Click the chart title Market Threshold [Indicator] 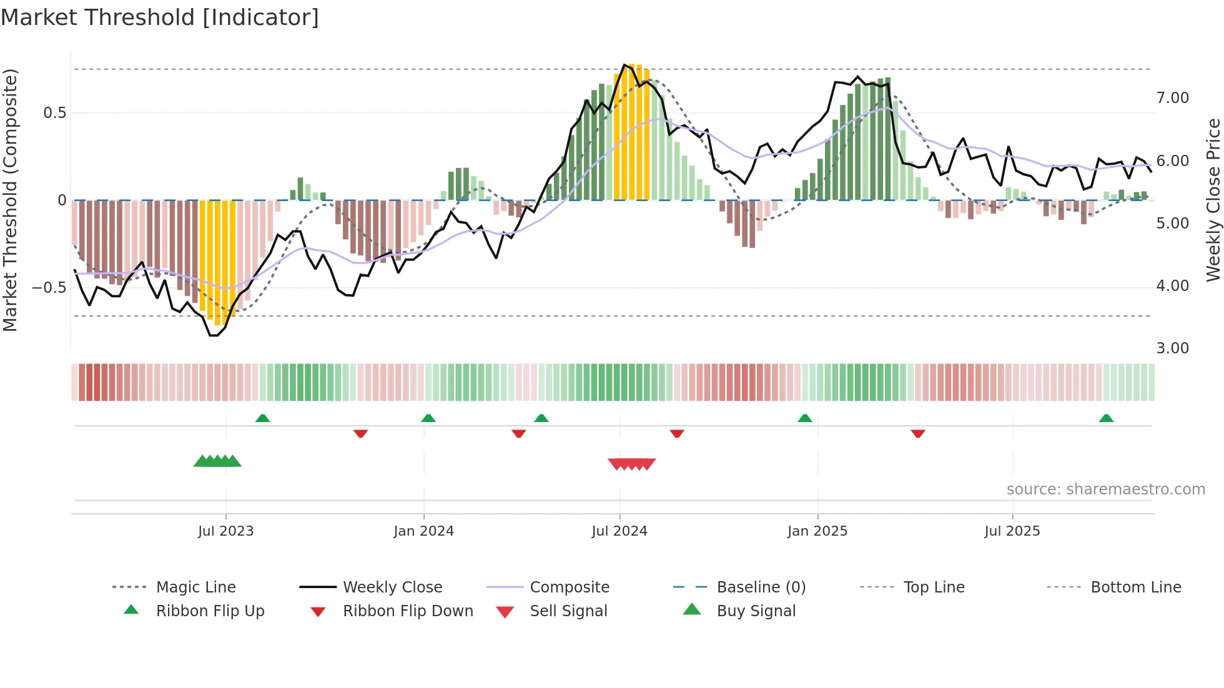tap(160, 17)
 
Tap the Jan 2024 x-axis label tap(423, 531)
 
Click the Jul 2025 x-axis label tap(1012, 531)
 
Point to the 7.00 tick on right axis tap(1172, 98)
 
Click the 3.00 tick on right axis tap(1172, 348)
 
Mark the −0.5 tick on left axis tap(49, 288)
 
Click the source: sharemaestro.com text tap(1105, 489)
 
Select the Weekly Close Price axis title tap(1213, 200)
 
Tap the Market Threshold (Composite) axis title tap(10, 200)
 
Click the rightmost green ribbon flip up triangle tap(1106, 418)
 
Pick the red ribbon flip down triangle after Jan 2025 tap(917, 433)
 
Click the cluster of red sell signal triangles tap(631, 464)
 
